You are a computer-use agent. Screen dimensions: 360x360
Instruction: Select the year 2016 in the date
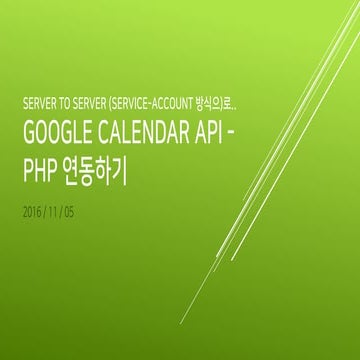[x=31, y=214]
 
